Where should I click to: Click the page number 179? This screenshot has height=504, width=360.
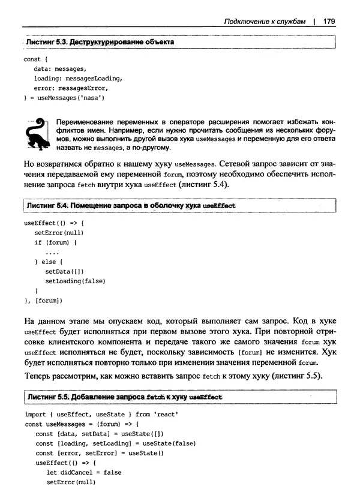(328, 22)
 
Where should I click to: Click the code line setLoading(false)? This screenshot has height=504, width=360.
(76, 281)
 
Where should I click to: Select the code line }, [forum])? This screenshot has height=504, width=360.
(43, 300)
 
